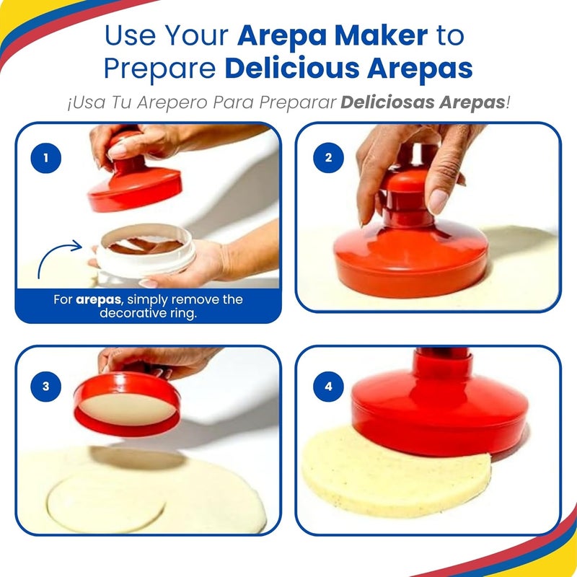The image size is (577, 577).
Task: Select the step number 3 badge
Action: tap(47, 386)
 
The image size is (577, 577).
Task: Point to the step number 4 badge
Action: tap(329, 386)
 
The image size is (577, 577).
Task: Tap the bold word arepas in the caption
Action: tap(96, 299)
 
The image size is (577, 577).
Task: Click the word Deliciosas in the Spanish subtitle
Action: tap(387, 102)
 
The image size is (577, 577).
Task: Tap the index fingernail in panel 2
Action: tap(438, 201)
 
